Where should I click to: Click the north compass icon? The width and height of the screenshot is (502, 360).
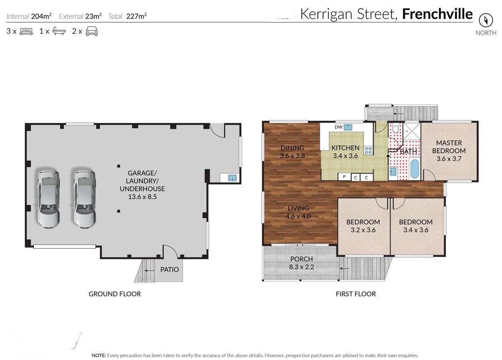click(x=486, y=20)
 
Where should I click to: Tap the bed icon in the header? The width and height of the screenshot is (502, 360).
click(x=26, y=31)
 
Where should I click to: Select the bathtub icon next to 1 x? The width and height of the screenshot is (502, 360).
click(x=59, y=31)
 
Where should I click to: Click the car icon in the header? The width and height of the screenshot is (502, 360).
click(x=92, y=31)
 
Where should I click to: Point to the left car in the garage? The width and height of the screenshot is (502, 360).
click(x=49, y=199)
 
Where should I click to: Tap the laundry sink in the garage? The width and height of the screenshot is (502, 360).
click(x=233, y=178)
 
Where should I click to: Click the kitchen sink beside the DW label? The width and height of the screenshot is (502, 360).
click(x=348, y=127)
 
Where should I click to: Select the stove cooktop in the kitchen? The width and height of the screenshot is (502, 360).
click(x=368, y=151)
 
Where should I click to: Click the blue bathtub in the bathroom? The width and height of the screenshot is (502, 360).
click(x=415, y=169)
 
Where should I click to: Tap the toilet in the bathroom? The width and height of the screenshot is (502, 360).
click(x=395, y=129)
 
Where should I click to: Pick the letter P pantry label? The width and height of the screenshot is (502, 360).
click(x=344, y=177)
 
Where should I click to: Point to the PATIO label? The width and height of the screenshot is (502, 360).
click(x=169, y=270)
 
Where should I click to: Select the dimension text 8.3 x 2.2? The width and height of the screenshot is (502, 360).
click(x=302, y=267)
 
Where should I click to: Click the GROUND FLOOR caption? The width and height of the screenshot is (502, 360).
click(x=115, y=294)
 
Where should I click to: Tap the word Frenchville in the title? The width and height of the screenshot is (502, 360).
click(x=438, y=14)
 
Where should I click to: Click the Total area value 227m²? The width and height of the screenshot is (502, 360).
click(x=136, y=16)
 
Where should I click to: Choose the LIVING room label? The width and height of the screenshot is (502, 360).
click(x=298, y=208)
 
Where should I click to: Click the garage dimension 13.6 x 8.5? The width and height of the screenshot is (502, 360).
click(x=142, y=197)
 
